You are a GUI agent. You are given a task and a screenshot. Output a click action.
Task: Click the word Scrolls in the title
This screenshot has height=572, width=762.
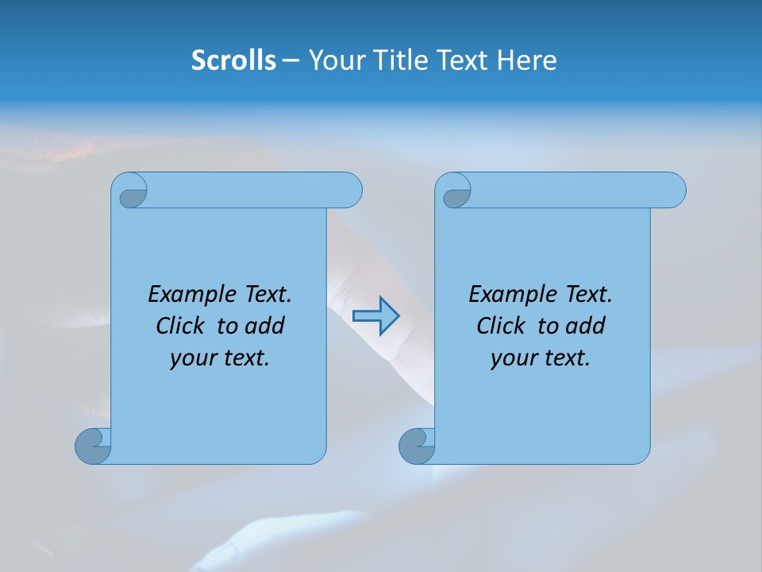pos(233,60)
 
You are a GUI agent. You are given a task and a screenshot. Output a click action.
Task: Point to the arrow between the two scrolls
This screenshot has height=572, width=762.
pos(375,315)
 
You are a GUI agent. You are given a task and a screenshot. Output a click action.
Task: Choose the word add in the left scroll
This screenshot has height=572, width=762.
pos(265,327)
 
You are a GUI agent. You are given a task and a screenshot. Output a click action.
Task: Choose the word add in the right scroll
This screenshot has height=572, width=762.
pos(586,327)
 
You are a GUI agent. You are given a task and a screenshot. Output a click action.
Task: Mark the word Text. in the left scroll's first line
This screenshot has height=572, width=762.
pos(264,295)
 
